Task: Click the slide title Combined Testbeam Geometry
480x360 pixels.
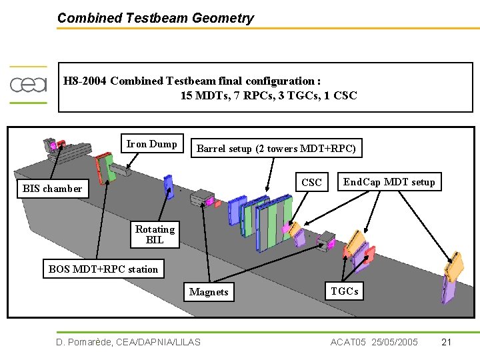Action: (155, 18)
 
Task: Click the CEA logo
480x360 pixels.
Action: (28, 85)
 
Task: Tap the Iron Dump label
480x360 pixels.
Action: (152, 144)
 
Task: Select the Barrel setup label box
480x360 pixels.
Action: (276, 148)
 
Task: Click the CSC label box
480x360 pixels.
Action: (311, 182)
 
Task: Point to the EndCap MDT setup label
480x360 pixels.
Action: (389, 182)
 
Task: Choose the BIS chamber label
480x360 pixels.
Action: (52, 188)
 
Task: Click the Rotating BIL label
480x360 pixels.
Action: (155, 234)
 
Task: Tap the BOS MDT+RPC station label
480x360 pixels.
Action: (103, 269)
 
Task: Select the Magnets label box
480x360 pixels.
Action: (209, 292)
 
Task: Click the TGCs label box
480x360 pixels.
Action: (345, 291)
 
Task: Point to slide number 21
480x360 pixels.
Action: (447, 342)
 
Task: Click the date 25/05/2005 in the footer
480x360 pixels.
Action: (393, 342)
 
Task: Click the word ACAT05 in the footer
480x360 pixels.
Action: (348, 342)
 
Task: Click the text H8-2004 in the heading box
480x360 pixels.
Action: (85, 81)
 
